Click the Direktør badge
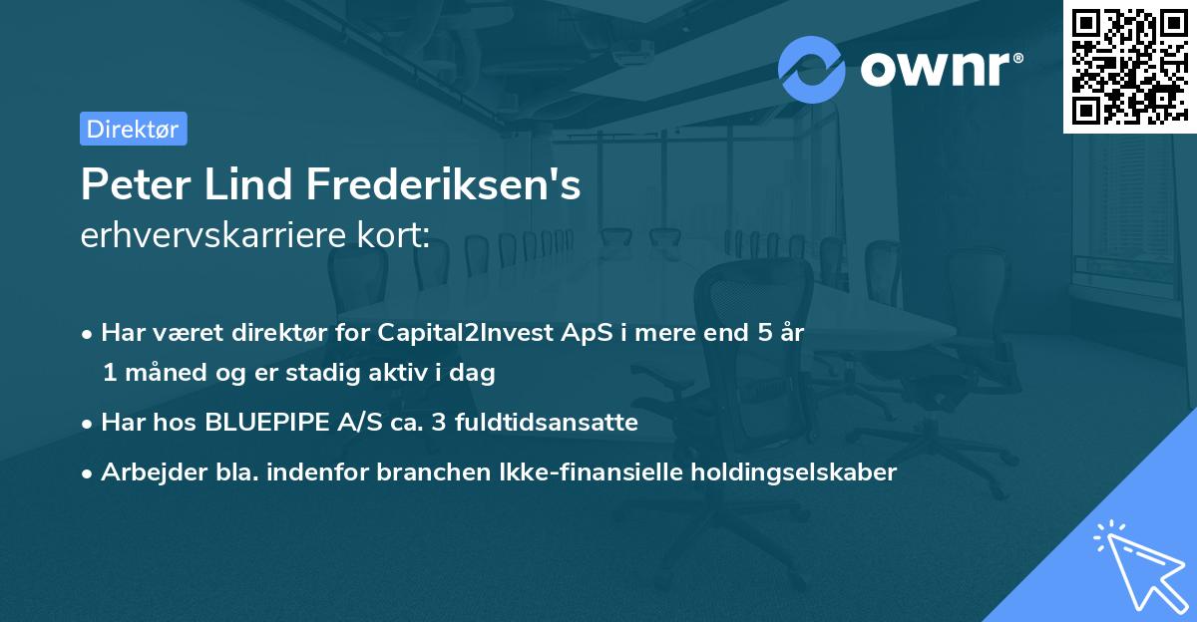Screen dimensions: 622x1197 (x=133, y=129)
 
